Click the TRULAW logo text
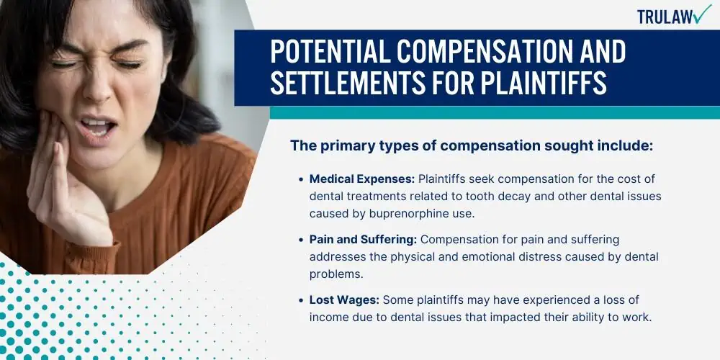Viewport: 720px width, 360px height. pos(665,17)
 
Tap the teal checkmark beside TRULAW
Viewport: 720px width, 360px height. pos(702,14)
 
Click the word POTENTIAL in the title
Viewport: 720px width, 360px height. pos(326,51)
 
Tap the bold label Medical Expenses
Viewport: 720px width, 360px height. pos(362,179)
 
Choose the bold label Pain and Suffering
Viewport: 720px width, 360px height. pos(363,240)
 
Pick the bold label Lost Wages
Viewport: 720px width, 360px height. pos(344,300)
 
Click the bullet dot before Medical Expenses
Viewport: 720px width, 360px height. pos(301,179)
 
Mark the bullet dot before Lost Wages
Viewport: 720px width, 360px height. pos(301,301)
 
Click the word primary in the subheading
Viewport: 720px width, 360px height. pos(339,146)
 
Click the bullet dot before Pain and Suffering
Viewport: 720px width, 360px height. pos(301,240)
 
